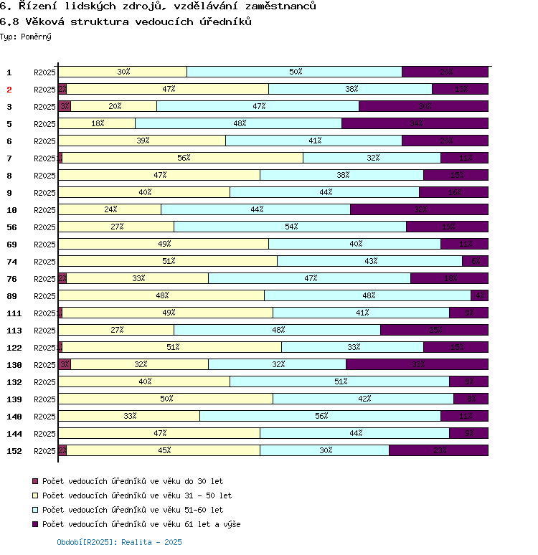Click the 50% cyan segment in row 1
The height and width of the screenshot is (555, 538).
coord(294,72)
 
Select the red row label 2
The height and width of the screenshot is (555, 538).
coord(9,90)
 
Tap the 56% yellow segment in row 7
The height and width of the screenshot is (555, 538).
coord(183,158)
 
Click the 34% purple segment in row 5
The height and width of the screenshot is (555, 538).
coord(415,123)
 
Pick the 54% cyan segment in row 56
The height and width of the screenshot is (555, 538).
coord(290,227)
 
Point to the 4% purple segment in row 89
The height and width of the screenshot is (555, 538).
coord(479,295)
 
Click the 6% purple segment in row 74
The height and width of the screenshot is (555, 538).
coord(475,261)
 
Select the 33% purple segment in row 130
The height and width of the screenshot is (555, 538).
coord(417,364)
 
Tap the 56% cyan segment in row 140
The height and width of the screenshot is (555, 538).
coord(320,416)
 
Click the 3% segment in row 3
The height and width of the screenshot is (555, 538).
coord(65,106)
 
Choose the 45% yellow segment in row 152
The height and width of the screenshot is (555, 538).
coord(164,450)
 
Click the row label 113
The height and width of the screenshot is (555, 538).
coord(14,331)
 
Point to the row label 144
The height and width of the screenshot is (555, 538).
coord(14,434)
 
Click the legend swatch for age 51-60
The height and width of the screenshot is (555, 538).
coord(35,510)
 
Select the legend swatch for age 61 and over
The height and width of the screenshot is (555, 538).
coord(35,524)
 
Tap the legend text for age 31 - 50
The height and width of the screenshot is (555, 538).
coord(137,495)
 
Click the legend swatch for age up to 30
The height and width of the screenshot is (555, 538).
coord(35,481)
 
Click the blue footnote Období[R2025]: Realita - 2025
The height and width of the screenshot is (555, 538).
coord(119,542)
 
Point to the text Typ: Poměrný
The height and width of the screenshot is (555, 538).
coord(26,36)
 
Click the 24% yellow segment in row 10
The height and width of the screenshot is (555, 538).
coord(110,209)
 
